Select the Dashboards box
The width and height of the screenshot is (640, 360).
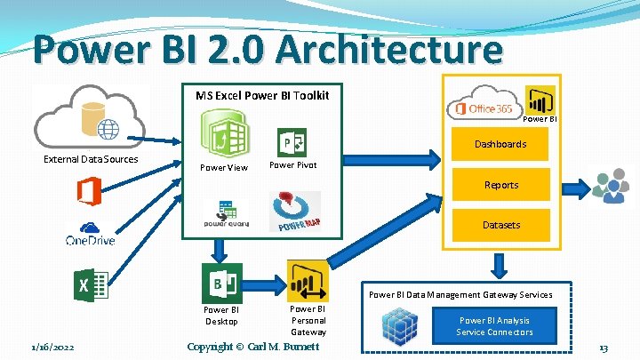coord(500,144)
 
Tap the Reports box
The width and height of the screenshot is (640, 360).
coord(500,185)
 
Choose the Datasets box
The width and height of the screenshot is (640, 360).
coord(500,225)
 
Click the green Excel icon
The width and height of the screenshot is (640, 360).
coord(90,285)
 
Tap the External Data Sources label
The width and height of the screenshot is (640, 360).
coord(91,159)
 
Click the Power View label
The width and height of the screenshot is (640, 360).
coord(224,167)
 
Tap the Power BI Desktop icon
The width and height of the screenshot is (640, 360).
coord(221,284)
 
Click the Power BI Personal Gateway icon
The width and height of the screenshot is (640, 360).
coord(308,282)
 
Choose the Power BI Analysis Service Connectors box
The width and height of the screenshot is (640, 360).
coord(495,326)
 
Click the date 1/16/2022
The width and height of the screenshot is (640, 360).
coord(52,348)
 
